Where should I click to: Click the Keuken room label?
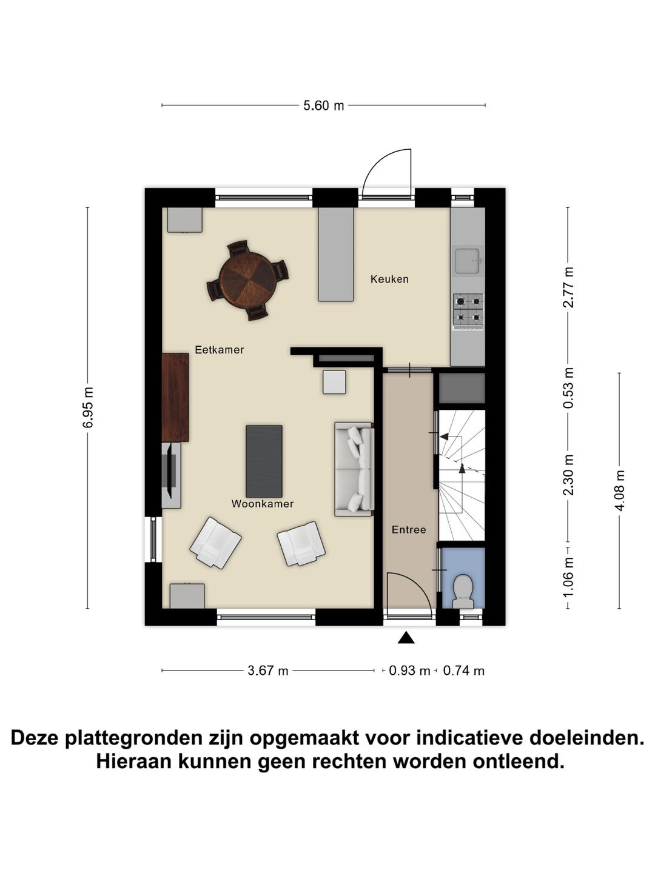(x=389, y=279)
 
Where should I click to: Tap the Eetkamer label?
(x=219, y=350)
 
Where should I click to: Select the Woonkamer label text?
(x=262, y=504)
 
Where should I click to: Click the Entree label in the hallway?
(x=409, y=530)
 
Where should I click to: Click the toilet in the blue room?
(x=464, y=590)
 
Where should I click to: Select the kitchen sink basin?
(x=467, y=261)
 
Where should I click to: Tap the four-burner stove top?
(x=468, y=309)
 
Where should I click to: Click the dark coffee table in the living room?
(x=264, y=461)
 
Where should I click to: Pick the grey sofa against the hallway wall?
(x=354, y=469)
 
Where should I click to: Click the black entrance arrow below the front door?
(x=406, y=637)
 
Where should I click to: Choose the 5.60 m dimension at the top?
(x=323, y=105)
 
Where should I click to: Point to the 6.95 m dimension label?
(x=88, y=407)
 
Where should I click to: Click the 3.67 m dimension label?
(x=268, y=671)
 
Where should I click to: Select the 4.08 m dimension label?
(x=619, y=490)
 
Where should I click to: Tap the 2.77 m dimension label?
(x=568, y=287)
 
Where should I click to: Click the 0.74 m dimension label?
(x=464, y=671)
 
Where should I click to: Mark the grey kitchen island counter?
(x=336, y=255)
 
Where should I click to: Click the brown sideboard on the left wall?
(x=176, y=398)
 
